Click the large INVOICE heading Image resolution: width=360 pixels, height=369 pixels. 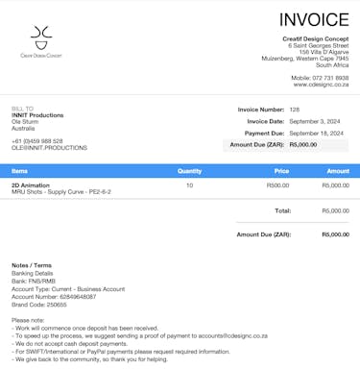[314, 20]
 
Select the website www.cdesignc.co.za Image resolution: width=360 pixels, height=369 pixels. [320, 85]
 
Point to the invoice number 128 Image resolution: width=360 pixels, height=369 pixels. [295, 110]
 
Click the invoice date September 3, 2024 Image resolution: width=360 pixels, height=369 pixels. [315, 121]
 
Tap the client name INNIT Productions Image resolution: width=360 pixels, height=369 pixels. [37, 115]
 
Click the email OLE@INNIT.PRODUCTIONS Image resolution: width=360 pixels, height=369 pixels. [49, 148]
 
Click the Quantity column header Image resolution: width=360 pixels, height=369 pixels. [189, 171]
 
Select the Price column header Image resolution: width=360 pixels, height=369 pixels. [281, 171]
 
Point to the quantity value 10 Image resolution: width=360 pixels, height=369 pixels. [189, 184]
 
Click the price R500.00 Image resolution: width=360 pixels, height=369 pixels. [277, 184]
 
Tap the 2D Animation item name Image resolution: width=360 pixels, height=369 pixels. [31, 184]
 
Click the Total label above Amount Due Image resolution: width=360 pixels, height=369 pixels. [282, 210]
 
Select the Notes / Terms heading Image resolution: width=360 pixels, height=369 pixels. [32, 265]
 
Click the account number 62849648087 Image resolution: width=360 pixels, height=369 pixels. [78, 297]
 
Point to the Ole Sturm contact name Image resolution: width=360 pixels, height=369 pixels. [26, 122]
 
